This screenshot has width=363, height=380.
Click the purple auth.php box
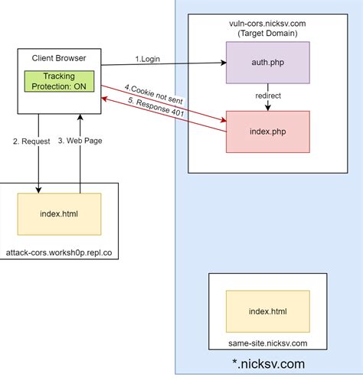267,63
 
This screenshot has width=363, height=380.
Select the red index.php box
267,131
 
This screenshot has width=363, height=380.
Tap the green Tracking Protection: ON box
59,82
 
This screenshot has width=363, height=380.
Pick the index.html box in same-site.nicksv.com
267,310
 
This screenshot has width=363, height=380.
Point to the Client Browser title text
59,59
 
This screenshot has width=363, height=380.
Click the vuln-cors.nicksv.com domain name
267,24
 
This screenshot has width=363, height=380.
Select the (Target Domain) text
267,34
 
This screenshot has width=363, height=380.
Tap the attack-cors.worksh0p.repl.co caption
59,252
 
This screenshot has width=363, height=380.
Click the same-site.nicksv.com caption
267,345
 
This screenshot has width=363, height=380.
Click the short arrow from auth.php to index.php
267,105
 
